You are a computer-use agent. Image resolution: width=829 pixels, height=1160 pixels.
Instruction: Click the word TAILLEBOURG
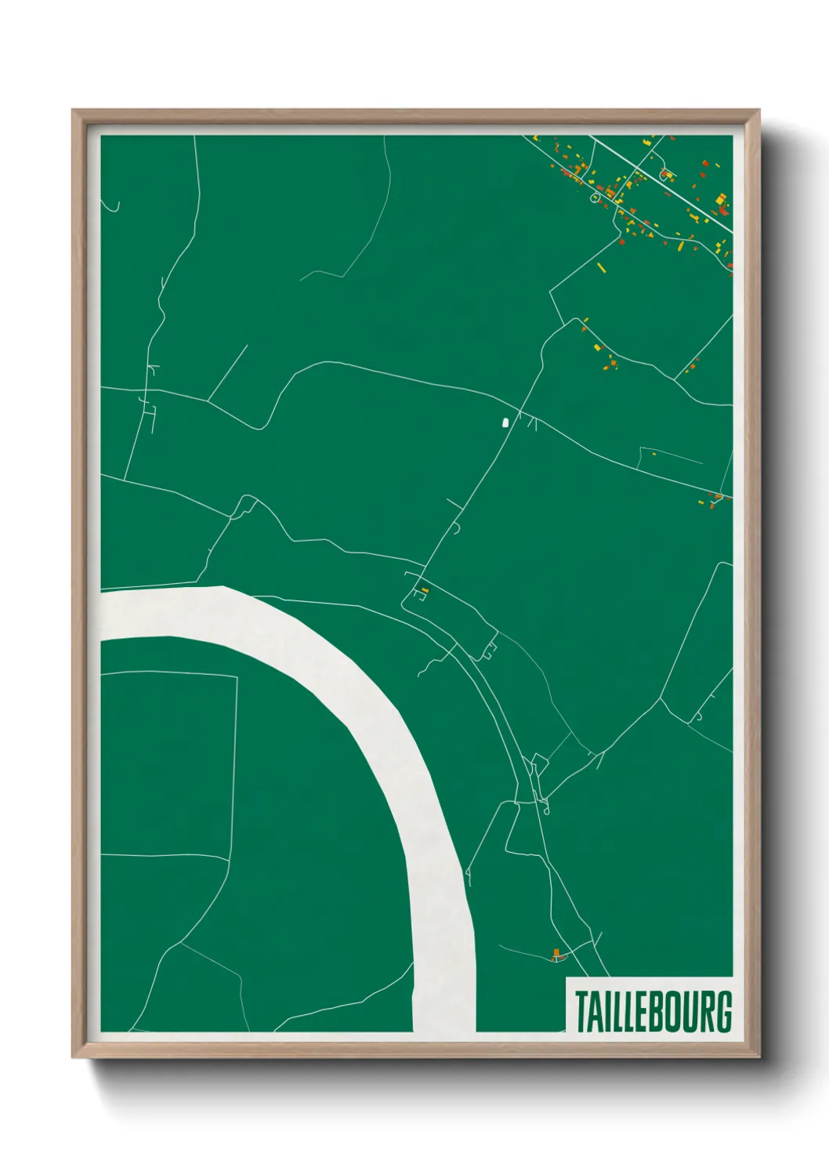coord(653,1011)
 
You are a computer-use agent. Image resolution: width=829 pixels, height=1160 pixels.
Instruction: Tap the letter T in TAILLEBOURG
coord(582,1011)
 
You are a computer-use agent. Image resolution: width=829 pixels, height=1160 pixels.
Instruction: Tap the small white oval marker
coord(505,422)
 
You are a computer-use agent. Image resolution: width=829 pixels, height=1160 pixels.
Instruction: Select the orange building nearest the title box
coord(556,954)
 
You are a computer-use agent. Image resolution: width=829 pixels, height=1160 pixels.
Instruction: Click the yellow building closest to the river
coord(425,590)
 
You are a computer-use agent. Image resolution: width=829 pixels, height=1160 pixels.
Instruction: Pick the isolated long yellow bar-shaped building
coord(602,268)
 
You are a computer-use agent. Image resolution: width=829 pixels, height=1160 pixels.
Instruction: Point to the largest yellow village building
coord(719,200)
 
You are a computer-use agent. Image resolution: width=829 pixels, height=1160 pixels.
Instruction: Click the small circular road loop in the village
coord(594,198)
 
